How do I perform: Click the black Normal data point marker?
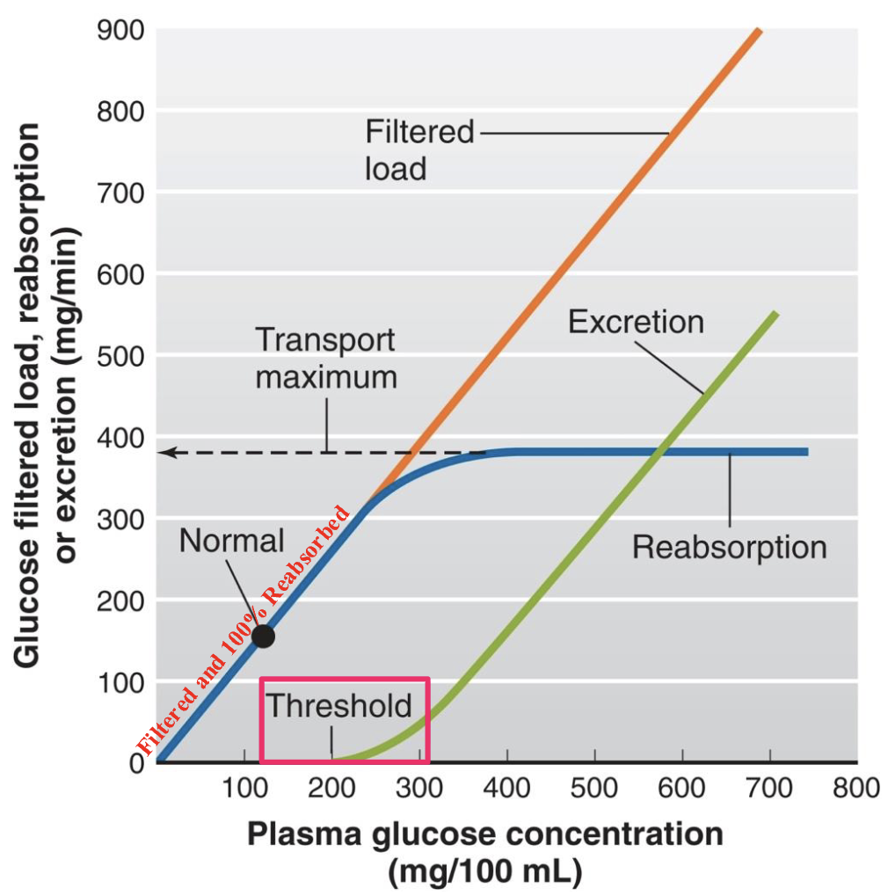click(262, 636)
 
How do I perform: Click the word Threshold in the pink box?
click(338, 705)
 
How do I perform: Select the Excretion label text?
click(636, 322)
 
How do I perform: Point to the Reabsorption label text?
click(729, 547)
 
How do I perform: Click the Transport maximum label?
click(325, 359)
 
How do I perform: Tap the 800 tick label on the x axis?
click(855, 787)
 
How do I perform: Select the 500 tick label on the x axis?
click(595, 787)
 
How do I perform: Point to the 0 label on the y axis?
click(135, 763)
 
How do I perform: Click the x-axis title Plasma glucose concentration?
click(484, 833)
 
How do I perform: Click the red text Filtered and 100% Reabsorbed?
click(244, 630)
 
